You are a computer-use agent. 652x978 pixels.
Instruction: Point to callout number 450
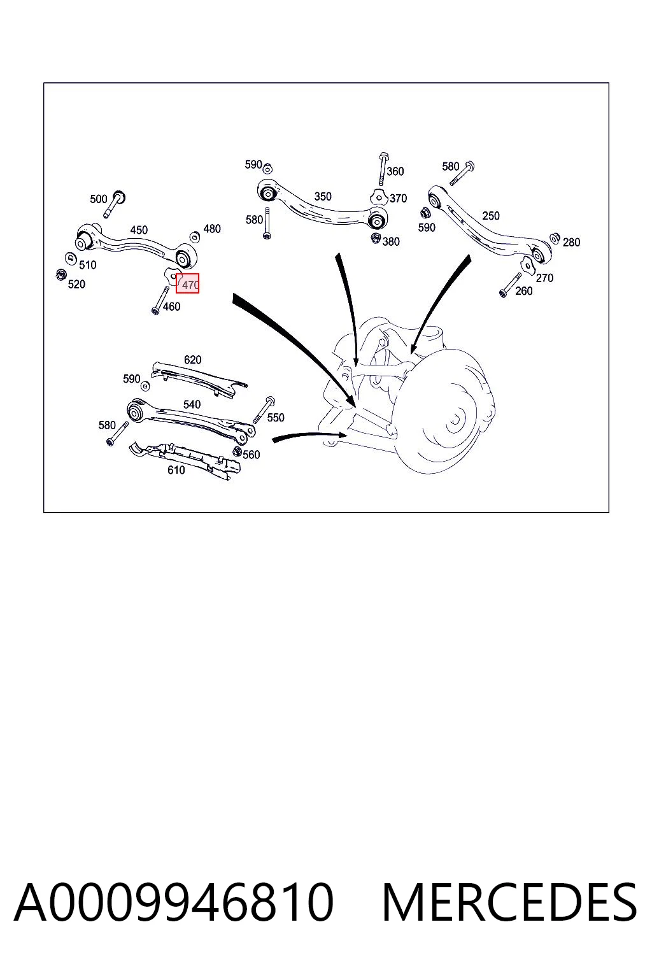[x=139, y=230]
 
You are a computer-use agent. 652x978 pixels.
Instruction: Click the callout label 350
[x=323, y=197]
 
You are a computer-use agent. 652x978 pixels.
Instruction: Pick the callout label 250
[x=491, y=215]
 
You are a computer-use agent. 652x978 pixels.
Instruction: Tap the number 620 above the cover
[x=192, y=359]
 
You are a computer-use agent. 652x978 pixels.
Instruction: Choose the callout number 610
[x=176, y=470]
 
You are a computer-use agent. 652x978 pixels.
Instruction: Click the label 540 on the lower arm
[x=192, y=404]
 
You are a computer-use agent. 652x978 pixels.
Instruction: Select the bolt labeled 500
[x=115, y=204]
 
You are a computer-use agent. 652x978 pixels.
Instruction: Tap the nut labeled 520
[x=60, y=275]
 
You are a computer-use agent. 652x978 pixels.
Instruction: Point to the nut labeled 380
[x=375, y=238]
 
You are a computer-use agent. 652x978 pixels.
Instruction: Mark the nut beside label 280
[x=555, y=238]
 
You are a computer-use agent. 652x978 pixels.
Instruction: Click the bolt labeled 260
[x=510, y=285]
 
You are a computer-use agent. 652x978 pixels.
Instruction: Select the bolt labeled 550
[x=264, y=409]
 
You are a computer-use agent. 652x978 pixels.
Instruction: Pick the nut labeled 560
[x=237, y=451]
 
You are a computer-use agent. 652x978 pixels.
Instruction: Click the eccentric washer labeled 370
[x=379, y=197]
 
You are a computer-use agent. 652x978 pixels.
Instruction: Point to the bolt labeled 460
[x=160, y=300]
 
